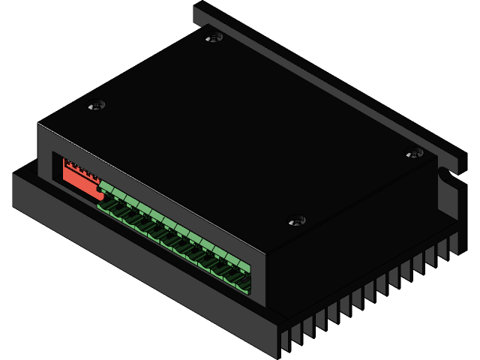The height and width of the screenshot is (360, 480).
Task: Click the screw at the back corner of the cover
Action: (x=214, y=36)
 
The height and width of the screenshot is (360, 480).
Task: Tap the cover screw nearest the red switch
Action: (x=96, y=106)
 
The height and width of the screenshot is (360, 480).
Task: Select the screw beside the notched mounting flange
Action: (x=415, y=153)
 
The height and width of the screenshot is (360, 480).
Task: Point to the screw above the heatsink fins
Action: (x=297, y=220)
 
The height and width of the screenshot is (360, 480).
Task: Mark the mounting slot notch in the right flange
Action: (x=448, y=175)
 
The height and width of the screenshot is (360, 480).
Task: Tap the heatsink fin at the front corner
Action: (x=285, y=341)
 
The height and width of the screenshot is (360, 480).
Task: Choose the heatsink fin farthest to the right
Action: (x=454, y=243)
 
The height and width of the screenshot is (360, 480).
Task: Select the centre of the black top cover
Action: (x=240, y=127)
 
